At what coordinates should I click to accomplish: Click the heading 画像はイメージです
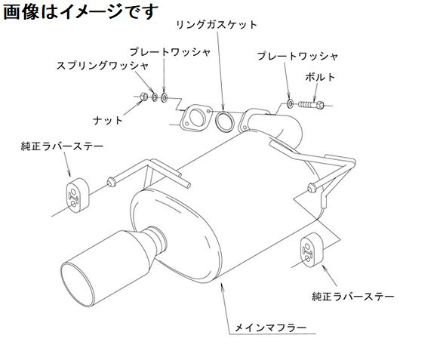81,12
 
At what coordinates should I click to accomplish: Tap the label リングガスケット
217,25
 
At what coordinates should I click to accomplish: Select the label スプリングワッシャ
103,66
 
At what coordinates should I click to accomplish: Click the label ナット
108,121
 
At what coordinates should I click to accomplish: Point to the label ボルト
320,77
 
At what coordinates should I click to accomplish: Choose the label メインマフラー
271,328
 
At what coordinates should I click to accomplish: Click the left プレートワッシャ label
170,52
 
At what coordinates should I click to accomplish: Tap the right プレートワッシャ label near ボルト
297,57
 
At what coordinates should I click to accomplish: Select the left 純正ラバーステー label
62,146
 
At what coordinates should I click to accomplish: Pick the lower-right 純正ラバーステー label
353,297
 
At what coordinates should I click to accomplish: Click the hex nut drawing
144,97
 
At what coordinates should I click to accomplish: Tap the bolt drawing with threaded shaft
311,105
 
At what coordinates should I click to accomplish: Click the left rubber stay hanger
78,195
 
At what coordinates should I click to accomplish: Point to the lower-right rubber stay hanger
310,249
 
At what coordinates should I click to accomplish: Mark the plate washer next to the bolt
291,103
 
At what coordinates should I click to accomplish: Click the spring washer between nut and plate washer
155,97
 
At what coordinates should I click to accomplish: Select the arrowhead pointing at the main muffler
222,285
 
